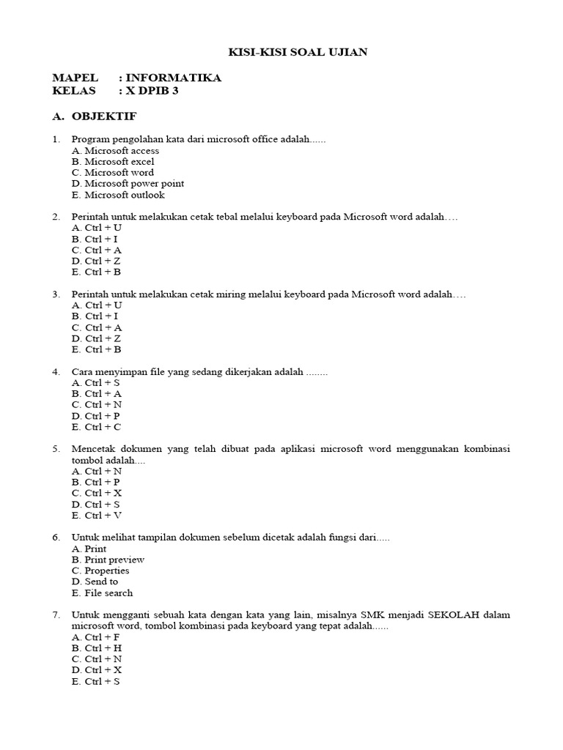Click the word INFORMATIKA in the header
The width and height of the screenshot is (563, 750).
[x=173, y=78]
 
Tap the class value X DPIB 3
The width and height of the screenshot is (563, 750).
[x=153, y=92]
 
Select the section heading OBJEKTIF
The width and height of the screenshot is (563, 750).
[x=104, y=116]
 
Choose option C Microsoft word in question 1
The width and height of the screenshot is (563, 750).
[x=113, y=173]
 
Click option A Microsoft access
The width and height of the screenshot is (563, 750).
[x=115, y=151]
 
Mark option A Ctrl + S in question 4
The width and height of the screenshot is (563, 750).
[x=96, y=382]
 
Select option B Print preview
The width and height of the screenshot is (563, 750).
[x=108, y=560]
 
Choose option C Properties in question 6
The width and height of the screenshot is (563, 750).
[x=100, y=571]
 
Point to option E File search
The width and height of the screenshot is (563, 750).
[x=102, y=593]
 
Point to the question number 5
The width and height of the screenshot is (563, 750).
[x=56, y=448]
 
